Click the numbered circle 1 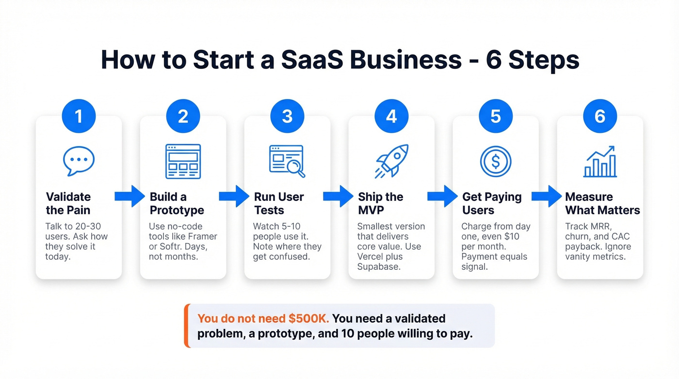[79, 116]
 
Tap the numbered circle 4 [391, 116]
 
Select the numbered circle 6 [600, 116]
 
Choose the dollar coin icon [496, 161]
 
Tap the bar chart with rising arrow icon [600, 161]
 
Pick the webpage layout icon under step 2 [183, 161]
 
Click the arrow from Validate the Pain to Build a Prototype [129, 196]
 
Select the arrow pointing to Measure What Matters [547, 196]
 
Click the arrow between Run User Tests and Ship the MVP [338, 196]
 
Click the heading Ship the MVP [381, 203]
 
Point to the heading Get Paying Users [492, 203]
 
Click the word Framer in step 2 [201, 236]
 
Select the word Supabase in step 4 [379, 267]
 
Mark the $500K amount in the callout [308, 319]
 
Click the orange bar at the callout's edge [186, 326]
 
